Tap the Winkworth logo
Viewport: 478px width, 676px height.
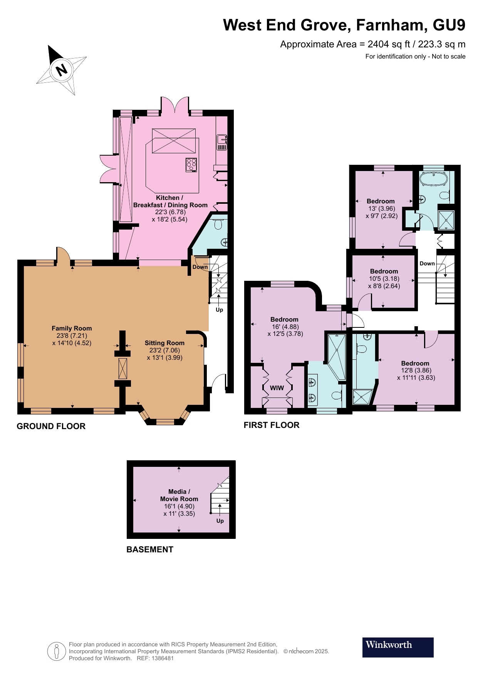click(x=397, y=647)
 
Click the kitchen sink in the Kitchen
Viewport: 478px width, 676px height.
click(x=222, y=142)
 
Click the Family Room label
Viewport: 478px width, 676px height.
click(x=72, y=328)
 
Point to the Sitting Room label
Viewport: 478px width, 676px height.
click(x=164, y=343)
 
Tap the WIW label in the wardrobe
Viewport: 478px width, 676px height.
click(x=277, y=388)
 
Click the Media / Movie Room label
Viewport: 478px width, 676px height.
click(x=179, y=495)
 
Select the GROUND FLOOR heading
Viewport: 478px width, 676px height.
click(x=51, y=426)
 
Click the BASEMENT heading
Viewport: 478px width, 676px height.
click(x=150, y=549)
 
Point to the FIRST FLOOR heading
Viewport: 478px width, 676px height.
click(x=271, y=425)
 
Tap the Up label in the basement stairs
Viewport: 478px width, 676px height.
click(x=220, y=521)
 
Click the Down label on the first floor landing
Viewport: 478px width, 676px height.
click(x=427, y=263)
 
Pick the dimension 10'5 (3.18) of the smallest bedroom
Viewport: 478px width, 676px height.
click(x=384, y=278)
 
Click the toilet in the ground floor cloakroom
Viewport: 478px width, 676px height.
click(x=218, y=224)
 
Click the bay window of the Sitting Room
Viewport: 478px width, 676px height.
click(x=165, y=421)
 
